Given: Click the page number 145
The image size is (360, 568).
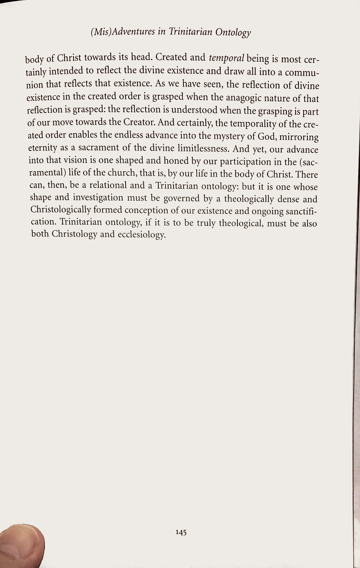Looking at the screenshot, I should pyautogui.click(x=181, y=532).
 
